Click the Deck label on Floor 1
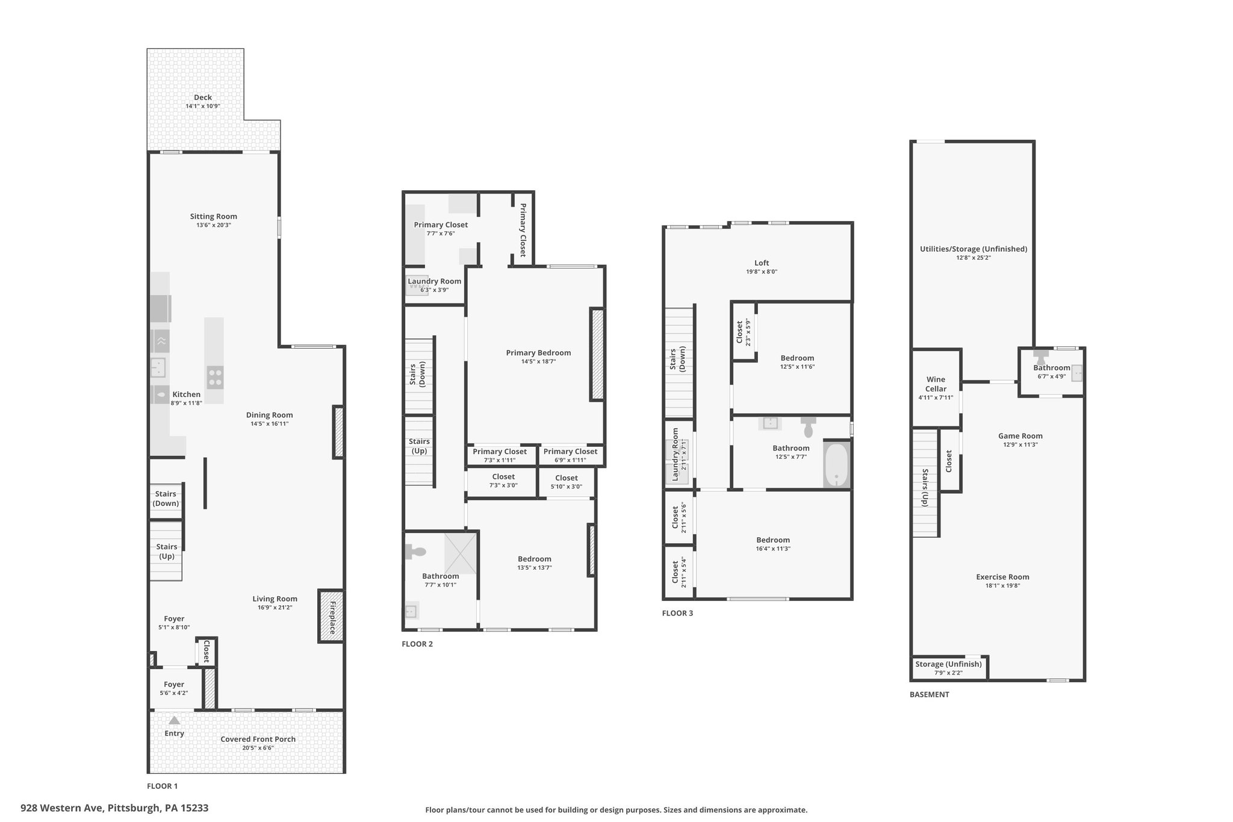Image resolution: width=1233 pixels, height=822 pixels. (203, 98)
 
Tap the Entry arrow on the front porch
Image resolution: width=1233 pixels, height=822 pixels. (174, 720)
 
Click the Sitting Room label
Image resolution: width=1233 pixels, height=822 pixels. (214, 217)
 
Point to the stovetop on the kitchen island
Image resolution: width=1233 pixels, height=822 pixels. (215, 378)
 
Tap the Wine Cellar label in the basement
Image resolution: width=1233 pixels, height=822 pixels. (936, 384)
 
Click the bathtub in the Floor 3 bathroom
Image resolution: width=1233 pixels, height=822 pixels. (836, 464)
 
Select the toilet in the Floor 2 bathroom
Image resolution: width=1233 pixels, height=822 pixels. (415, 551)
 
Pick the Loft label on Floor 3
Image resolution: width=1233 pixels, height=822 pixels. (762, 263)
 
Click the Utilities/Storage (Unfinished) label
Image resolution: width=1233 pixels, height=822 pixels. (974, 249)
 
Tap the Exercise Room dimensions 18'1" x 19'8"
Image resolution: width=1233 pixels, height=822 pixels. (1002, 585)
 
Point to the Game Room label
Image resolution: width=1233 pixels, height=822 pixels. (1020, 436)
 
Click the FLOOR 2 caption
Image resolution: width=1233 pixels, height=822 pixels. (417, 644)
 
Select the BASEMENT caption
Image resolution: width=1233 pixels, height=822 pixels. (930, 694)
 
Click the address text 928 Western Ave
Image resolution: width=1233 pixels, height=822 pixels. (63, 808)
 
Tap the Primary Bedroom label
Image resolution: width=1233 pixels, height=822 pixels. (538, 353)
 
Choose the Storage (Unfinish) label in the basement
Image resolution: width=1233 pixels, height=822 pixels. (948, 664)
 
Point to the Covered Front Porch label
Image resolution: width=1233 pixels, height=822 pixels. (258, 739)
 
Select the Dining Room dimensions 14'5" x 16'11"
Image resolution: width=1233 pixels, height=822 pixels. (270, 423)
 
